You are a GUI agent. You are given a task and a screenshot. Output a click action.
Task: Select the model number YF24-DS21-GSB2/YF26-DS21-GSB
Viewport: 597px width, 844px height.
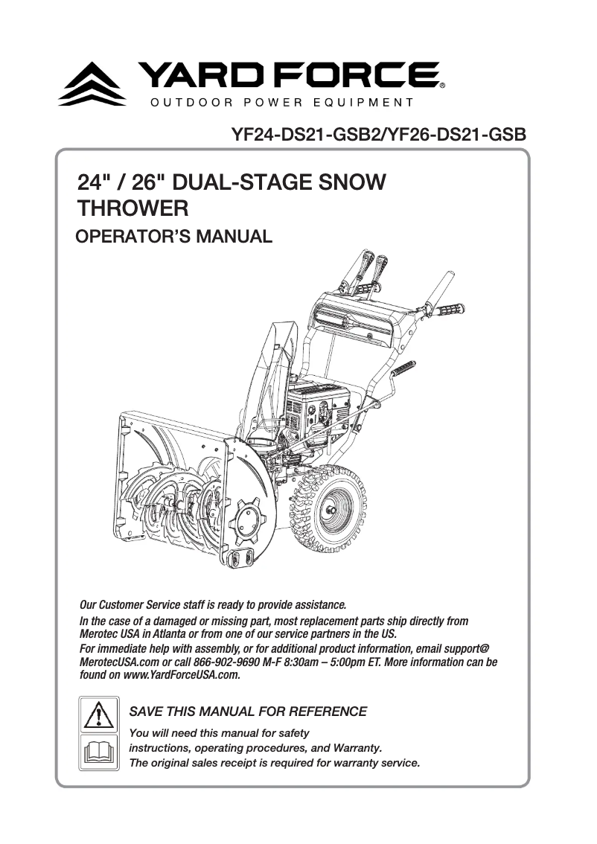379,135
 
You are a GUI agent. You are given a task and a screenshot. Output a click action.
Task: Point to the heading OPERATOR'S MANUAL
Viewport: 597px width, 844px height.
175,237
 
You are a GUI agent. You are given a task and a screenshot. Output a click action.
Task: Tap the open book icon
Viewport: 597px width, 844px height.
98,750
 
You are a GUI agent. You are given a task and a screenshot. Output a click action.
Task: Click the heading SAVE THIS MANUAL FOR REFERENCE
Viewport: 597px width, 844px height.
248,712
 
